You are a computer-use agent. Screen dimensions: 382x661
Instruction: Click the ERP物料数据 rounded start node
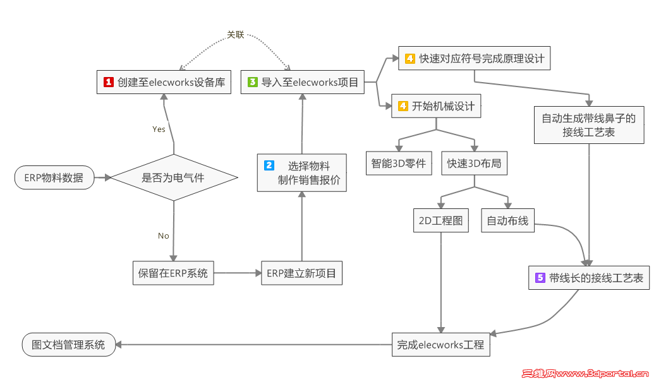point(54,178)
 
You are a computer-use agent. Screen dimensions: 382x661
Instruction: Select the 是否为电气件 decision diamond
point(173,178)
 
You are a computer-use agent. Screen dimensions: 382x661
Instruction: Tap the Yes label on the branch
point(159,129)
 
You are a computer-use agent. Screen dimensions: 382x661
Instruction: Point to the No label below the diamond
point(164,236)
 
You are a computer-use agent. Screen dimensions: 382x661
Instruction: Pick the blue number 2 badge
point(269,165)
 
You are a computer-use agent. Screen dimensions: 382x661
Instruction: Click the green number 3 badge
point(253,82)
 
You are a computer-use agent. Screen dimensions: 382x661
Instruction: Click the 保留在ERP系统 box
point(173,274)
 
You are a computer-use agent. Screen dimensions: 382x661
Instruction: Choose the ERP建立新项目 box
point(301,274)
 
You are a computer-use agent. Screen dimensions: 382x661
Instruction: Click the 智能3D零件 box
point(399,164)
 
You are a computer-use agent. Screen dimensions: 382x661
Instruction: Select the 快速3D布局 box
point(474,164)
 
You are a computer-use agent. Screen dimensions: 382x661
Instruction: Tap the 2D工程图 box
point(440,221)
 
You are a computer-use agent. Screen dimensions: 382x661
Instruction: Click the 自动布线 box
point(507,221)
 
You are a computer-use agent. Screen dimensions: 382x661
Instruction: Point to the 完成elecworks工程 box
point(440,345)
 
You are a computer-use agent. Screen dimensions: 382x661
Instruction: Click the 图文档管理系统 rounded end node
point(68,345)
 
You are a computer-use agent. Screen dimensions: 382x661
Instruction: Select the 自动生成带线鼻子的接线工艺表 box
point(588,124)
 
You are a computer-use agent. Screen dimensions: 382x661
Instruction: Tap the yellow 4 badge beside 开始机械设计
point(402,107)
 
